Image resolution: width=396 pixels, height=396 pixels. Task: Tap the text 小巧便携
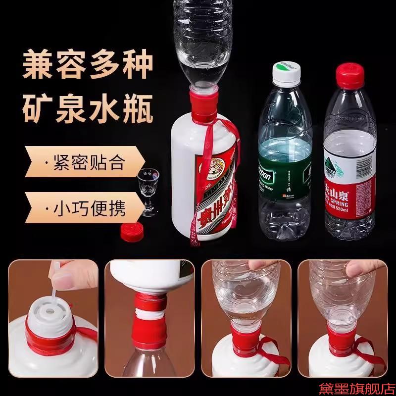[x=89, y=206]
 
